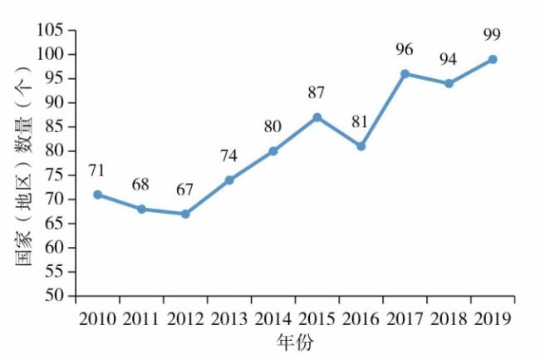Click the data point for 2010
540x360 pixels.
click(98, 195)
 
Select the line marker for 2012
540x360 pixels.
click(185, 214)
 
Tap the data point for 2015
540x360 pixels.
click(317, 117)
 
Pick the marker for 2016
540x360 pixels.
click(361, 146)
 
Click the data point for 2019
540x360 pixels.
click(493, 59)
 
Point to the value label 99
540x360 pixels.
click(493, 34)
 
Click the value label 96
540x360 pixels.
click(405, 49)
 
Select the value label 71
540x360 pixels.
click(97, 170)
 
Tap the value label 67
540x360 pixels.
click(184, 190)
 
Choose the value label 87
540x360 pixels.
click(317, 92)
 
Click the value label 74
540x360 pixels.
click(229, 155)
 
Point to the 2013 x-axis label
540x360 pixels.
click(229, 320)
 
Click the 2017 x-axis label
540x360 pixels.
click(405, 320)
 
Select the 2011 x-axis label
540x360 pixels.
click(141, 320)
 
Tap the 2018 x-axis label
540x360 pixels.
click(449, 320)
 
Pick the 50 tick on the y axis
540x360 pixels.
click(55, 296)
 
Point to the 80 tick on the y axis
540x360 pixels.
click(55, 151)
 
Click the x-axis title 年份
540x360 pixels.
click(295, 343)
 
